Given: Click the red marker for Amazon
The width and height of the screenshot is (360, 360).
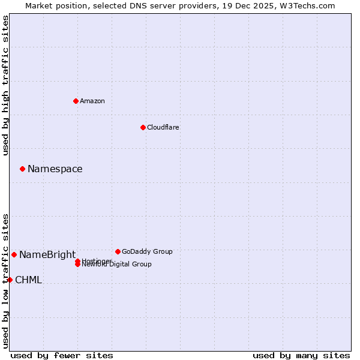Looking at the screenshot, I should [76, 101].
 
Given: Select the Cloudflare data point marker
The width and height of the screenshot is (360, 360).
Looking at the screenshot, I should [143, 127].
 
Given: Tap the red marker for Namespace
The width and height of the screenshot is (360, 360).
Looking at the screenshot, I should [22, 169].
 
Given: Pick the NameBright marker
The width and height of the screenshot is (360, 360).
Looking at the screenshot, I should [14, 254].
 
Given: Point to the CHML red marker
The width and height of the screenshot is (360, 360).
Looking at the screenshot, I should [10, 280].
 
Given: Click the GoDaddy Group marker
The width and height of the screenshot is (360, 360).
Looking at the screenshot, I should [118, 251].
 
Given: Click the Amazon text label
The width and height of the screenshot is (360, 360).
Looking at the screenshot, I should [92, 101].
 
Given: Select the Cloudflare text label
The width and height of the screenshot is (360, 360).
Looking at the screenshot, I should [163, 127].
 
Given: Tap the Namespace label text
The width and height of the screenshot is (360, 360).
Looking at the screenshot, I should [55, 169].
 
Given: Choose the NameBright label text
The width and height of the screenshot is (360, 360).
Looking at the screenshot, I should [47, 254].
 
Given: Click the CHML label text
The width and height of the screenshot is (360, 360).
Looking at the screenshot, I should [29, 280].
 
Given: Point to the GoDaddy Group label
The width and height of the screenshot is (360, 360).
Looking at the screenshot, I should [147, 251].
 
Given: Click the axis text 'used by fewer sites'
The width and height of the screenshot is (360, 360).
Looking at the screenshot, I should [62, 355].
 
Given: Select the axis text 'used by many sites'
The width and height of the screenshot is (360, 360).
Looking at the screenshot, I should [301, 355].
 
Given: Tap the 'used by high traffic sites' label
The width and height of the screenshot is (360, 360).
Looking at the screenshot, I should [5, 85].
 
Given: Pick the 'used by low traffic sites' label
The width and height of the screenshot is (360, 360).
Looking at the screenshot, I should [5, 281].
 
